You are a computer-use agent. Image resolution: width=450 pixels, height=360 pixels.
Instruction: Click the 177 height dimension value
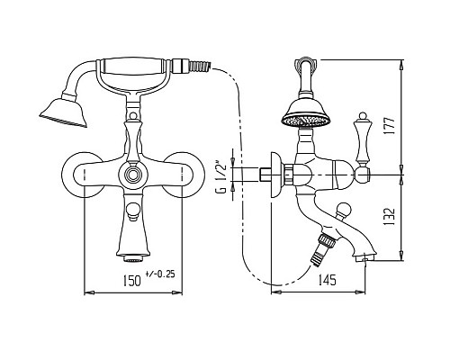(x=389, y=126)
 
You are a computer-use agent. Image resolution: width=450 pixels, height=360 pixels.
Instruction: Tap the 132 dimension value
(x=389, y=217)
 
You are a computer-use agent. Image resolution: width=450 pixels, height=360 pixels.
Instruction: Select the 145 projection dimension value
(x=326, y=280)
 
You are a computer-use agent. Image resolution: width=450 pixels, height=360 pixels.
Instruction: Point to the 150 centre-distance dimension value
(x=131, y=280)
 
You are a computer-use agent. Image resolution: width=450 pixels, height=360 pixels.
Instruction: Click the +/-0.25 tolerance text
(x=159, y=274)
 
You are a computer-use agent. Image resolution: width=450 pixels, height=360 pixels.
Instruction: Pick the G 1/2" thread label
(x=220, y=178)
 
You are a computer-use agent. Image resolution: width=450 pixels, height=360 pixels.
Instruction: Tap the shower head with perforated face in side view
(x=306, y=113)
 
